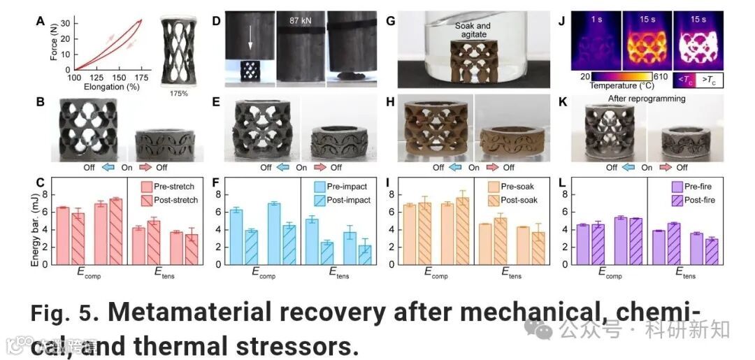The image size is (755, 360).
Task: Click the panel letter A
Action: [x=40, y=20]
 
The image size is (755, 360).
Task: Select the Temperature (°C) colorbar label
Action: [x=617, y=87]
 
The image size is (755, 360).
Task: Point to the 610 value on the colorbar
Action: [x=662, y=75]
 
